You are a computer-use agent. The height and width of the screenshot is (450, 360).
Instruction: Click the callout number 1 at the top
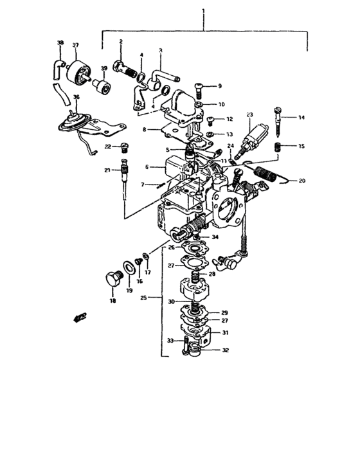pos(203,11)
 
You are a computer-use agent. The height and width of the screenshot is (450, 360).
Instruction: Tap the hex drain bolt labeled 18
pos(113,278)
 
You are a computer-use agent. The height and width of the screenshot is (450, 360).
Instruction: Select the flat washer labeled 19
pos(129,267)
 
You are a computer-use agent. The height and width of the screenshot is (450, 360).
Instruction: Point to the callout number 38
pos(60,43)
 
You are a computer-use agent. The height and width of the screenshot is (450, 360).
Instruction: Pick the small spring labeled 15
pos(277,148)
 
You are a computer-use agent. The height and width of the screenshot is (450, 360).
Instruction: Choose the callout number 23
pos(249,115)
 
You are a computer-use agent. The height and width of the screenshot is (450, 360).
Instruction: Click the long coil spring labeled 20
pos(265,174)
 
